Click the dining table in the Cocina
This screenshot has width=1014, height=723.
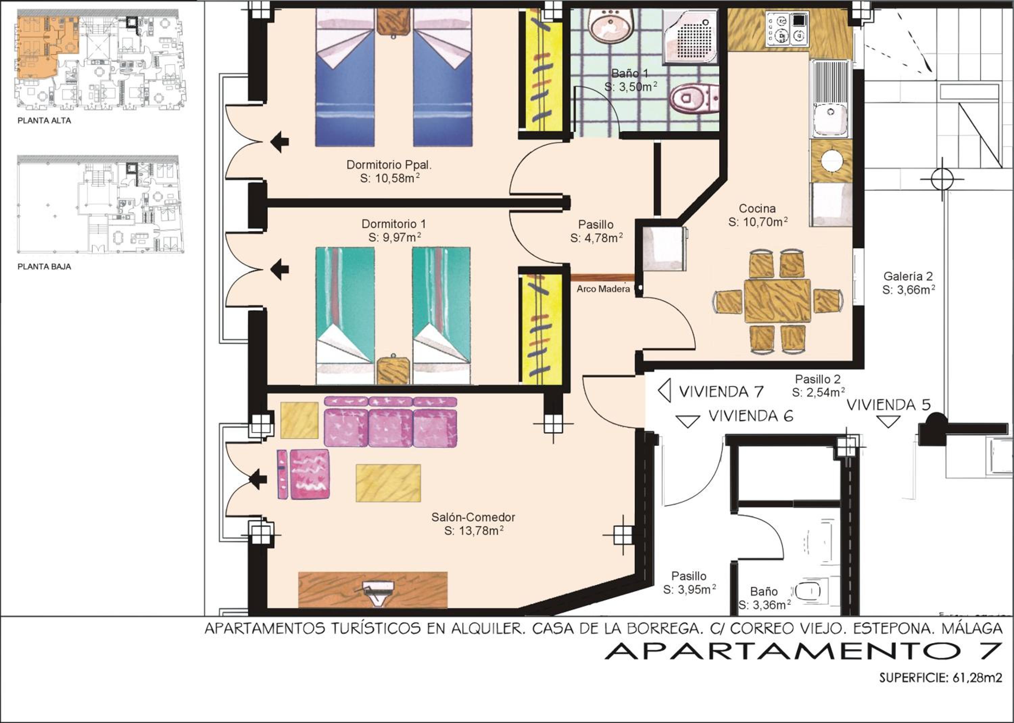pos(777,301)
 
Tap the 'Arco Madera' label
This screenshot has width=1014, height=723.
pos(603,289)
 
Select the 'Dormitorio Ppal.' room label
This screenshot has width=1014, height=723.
pos(389,165)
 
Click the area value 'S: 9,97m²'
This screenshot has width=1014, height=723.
pos(395,237)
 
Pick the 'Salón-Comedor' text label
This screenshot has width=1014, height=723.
pos(474,517)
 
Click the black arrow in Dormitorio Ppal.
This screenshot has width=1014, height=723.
pos(280,142)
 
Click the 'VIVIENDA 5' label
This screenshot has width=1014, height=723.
pos(888,405)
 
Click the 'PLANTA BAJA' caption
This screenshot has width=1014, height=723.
pos(44,267)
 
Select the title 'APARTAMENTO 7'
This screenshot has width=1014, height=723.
pos(803,651)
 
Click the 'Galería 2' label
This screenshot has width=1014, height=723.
pos(908,277)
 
